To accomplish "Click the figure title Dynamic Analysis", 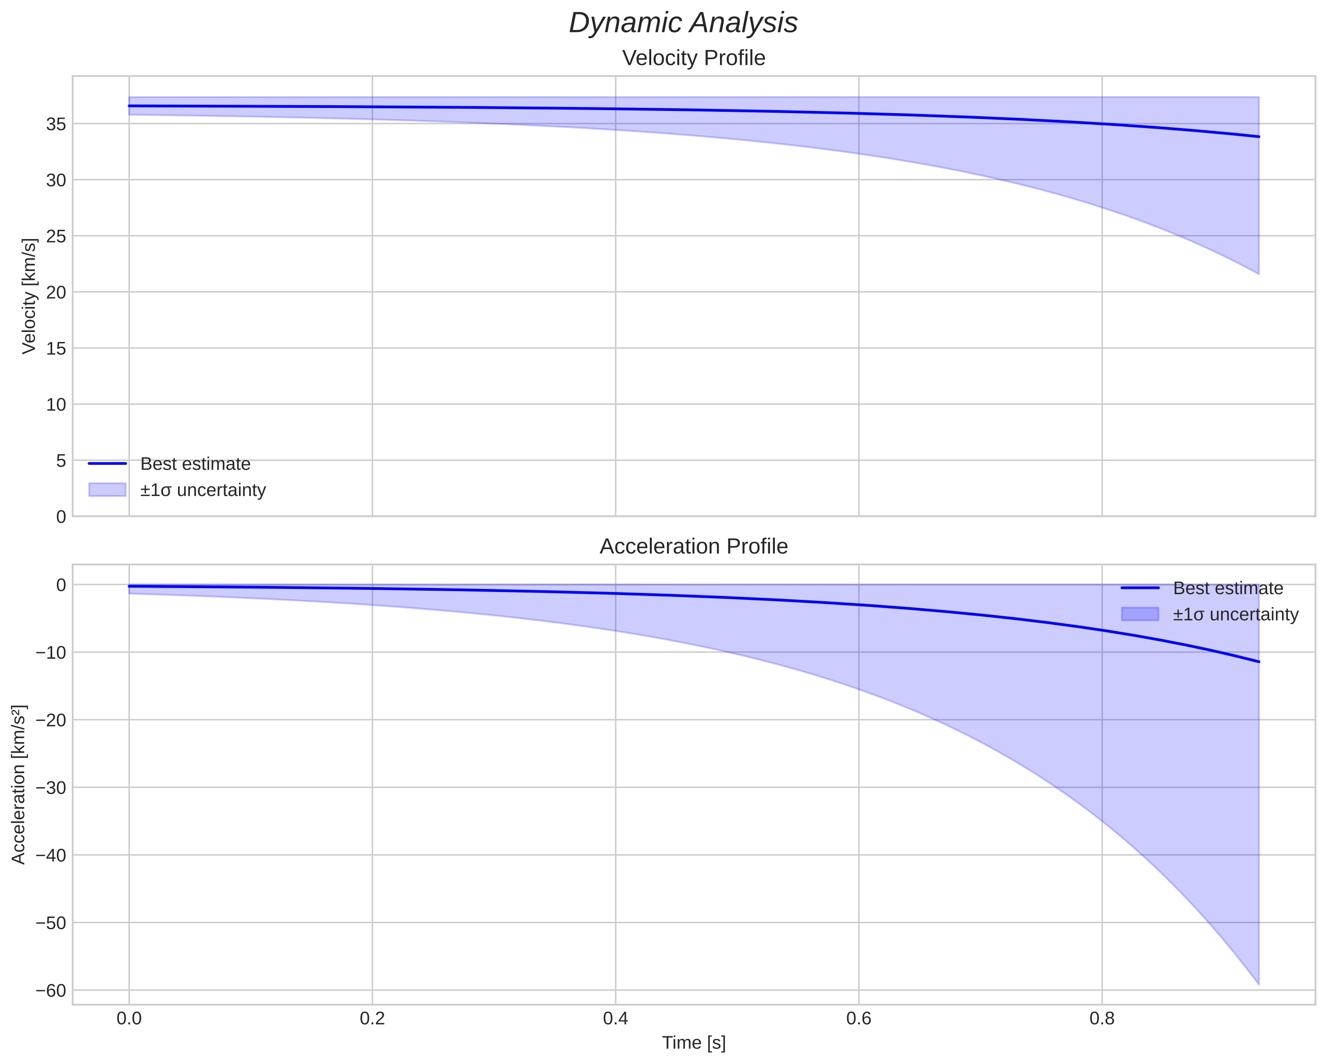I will coord(683,23).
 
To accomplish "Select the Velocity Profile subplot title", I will coord(694,58).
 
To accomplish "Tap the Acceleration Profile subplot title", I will coord(694,546).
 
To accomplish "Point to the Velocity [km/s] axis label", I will coord(29,296).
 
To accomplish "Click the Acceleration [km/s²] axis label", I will coord(19,785).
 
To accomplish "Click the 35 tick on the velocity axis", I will coord(56,124).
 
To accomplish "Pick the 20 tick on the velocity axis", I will coord(56,292).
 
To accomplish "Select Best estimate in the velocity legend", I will coord(195,464).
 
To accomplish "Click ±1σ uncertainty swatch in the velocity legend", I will coord(107,490).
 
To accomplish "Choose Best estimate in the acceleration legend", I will coord(1228,588).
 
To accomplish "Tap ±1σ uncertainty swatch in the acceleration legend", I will coord(1140,614).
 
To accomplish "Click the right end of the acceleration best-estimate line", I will coord(1259,662).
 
